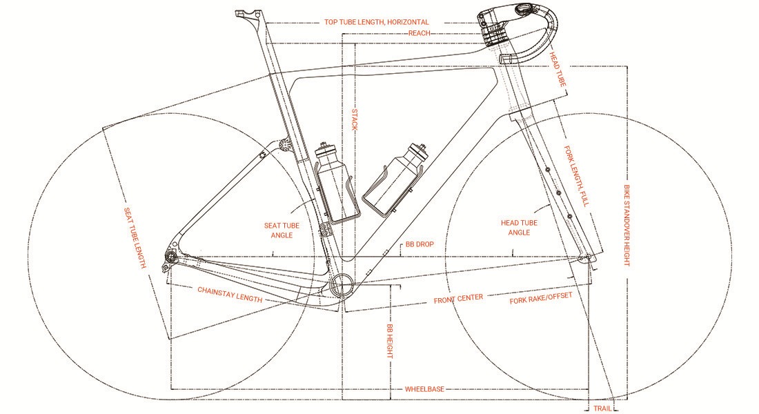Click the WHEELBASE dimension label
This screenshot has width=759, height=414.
(424, 389)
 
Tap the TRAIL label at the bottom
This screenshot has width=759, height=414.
(602, 408)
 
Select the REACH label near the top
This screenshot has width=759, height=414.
(420, 33)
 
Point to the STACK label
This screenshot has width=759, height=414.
(355, 119)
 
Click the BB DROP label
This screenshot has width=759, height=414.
(420, 244)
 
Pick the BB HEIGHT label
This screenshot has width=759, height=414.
(390, 342)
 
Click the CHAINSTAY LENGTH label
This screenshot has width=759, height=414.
(230, 295)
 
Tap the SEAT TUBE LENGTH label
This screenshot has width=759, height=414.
(135, 238)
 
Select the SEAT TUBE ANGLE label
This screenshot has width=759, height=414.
(282, 230)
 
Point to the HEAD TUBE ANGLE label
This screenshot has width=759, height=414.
(519, 228)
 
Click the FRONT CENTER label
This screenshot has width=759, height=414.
(458, 299)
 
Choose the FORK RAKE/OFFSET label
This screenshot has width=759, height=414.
(541, 298)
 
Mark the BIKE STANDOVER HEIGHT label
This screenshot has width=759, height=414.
(627, 225)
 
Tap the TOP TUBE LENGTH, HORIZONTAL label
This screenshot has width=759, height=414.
(377, 22)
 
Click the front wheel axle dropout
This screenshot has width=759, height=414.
(588, 257)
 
